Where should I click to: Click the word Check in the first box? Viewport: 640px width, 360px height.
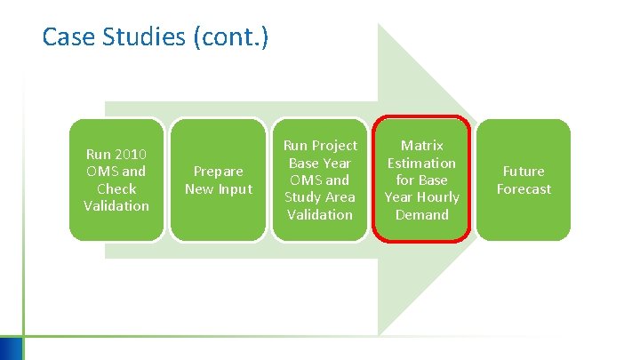[116, 188]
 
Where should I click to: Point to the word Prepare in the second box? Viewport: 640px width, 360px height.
[219, 171]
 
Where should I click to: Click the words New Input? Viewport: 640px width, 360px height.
[219, 188]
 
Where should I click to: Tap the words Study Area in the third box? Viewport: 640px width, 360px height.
[320, 197]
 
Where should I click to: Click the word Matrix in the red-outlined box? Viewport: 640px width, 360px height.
[421, 145]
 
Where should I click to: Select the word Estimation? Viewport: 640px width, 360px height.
[421, 163]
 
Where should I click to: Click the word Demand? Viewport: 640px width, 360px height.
[421, 214]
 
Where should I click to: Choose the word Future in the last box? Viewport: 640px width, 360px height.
[524, 171]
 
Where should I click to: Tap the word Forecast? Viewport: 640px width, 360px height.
[524, 188]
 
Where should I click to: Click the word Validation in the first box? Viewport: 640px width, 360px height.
[116, 205]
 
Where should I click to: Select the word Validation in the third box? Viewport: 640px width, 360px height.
[320, 214]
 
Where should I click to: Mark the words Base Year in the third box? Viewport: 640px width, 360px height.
[320, 163]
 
